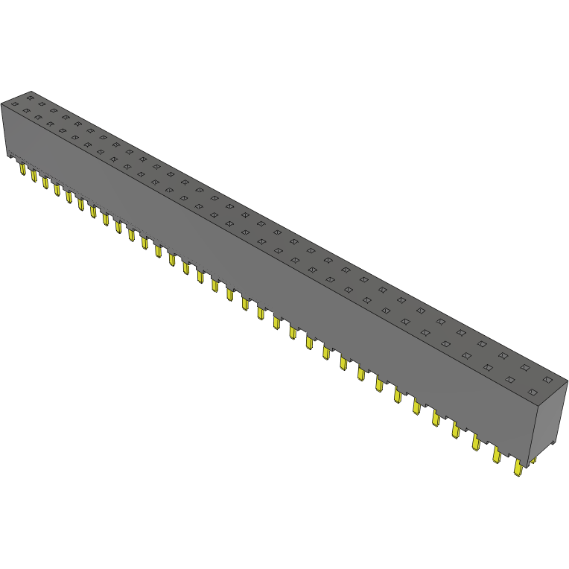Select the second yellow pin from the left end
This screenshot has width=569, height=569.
click(x=34, y=176)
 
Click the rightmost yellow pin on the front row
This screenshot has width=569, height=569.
click(x=518, y=468)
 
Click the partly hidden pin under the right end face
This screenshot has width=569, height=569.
click(x=533, y=461)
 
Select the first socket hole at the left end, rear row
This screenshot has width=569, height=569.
click(x=31, y=97)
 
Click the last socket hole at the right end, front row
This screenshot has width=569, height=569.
click(x=533, y=392)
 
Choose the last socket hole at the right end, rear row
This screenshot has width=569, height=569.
click(x=547, y=379)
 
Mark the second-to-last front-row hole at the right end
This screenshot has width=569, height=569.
click(x=511, y=379)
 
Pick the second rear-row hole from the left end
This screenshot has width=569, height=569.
click(x=42, y=104)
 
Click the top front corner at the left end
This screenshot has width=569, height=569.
click(x=2, y=105)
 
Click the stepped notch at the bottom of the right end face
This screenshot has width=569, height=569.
click(x=552, y=448)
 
